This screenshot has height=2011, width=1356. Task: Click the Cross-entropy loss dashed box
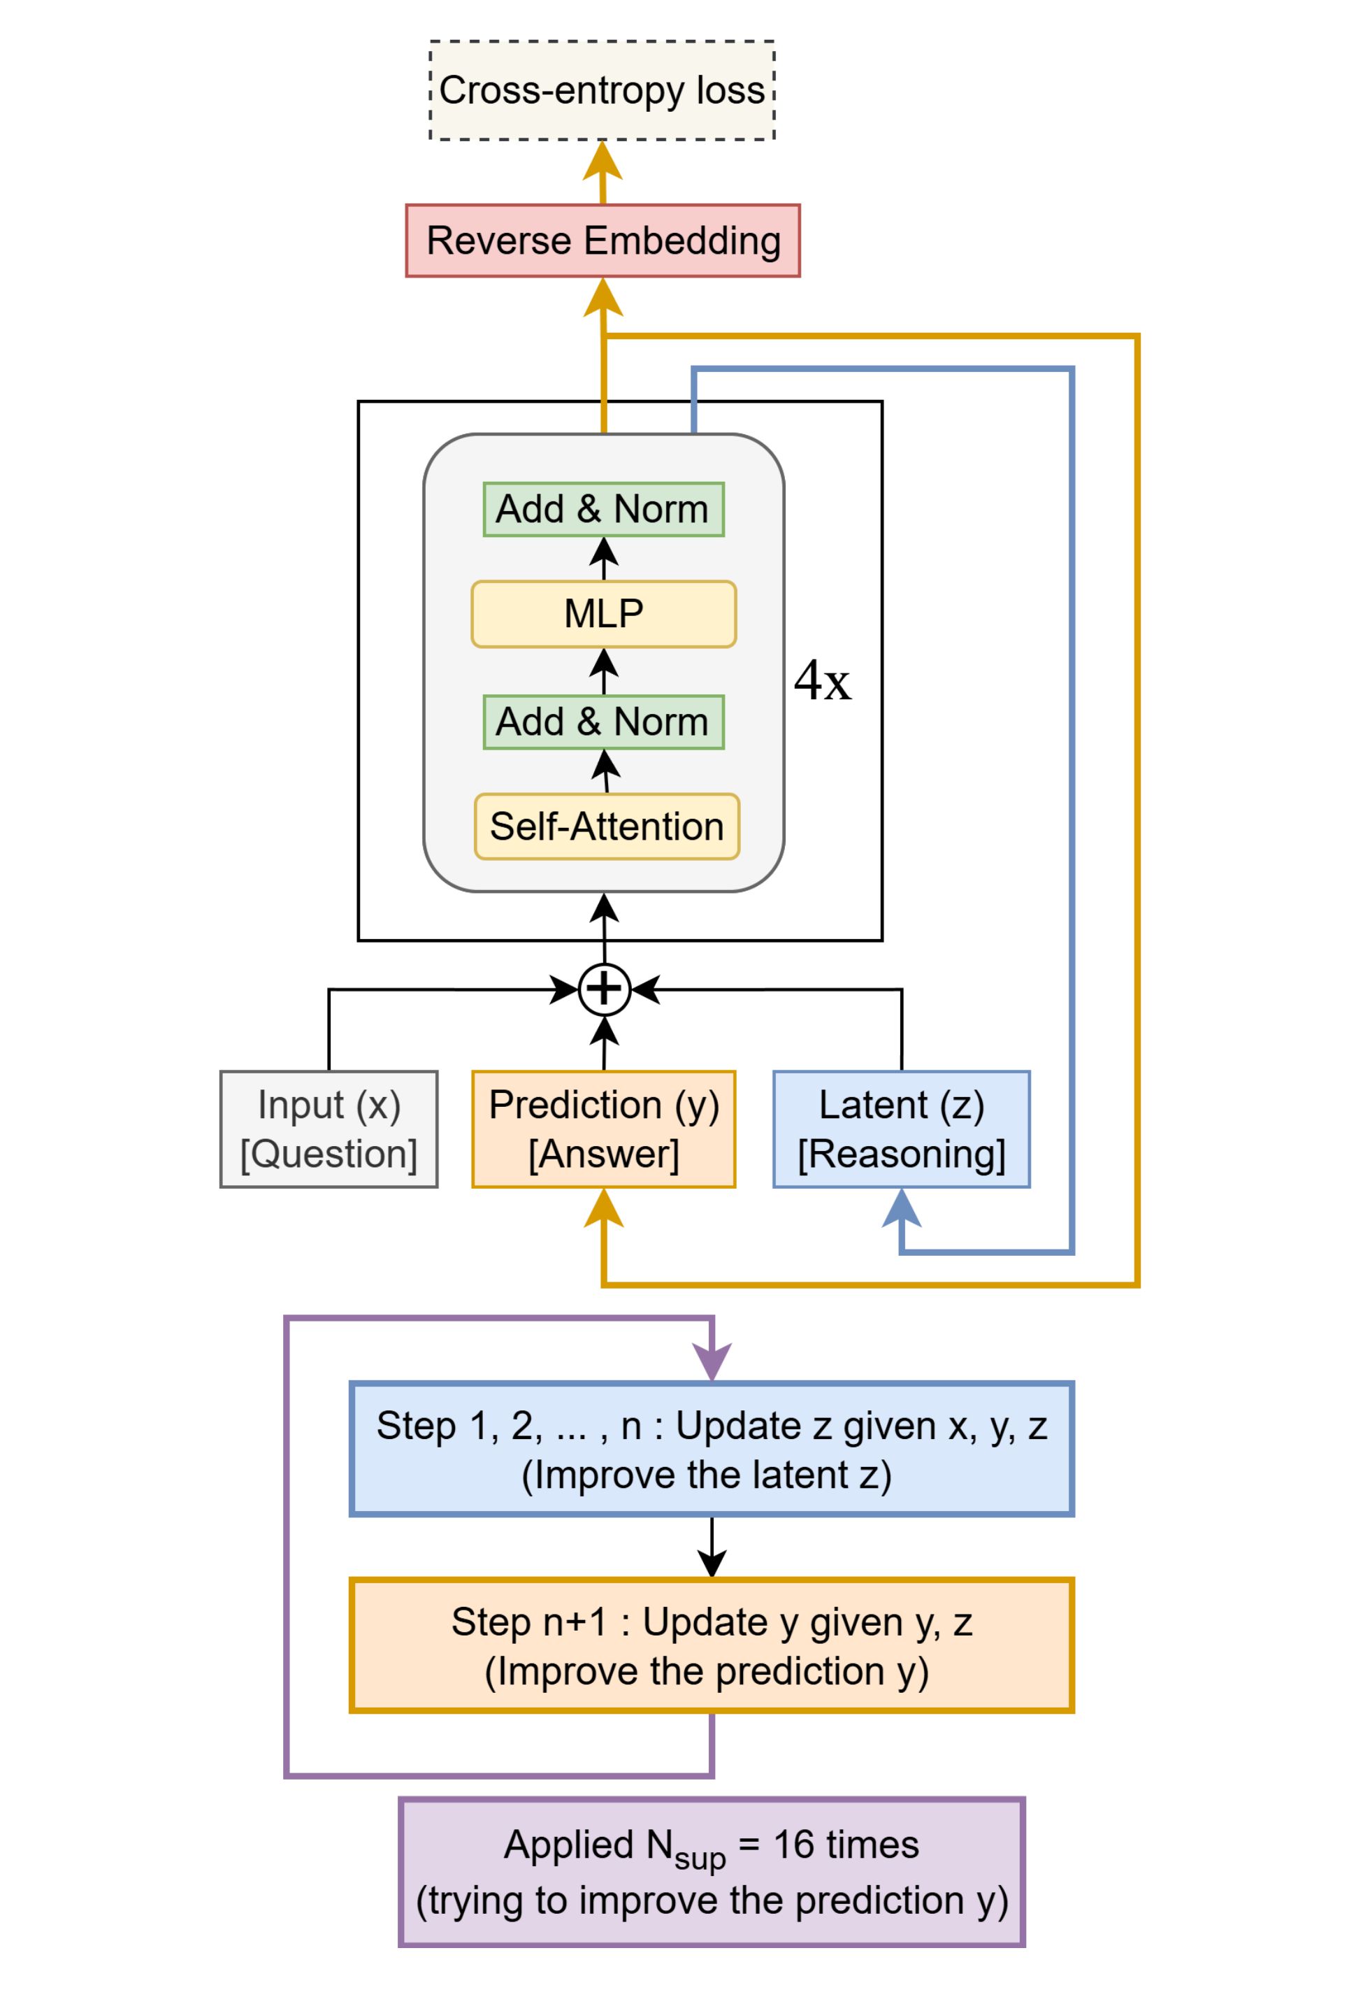click(x=602, y=90)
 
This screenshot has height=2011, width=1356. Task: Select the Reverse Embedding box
click(x=603, y=241)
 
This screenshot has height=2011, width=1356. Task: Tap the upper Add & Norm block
click(x=603, y=508)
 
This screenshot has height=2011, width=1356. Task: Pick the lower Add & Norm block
click(x=603, y=722)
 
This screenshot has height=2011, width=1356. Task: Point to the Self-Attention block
click(x=606, y=826)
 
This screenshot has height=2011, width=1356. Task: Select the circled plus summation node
click(x=604, y=989)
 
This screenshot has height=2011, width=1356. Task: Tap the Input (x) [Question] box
click(x=329, y=1129)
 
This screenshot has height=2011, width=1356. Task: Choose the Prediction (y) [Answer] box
click(x=604, y=1129)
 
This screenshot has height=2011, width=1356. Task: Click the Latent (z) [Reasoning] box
click(x=901, y=1129)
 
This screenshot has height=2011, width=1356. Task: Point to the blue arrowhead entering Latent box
click(x=901, y=1208)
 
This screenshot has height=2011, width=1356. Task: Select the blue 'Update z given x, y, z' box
click(x=711, y=1450)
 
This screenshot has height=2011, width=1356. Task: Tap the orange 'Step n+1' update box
click(x=711, y=1646)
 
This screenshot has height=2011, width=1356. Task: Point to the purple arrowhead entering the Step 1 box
click(x=712, y=1361)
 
